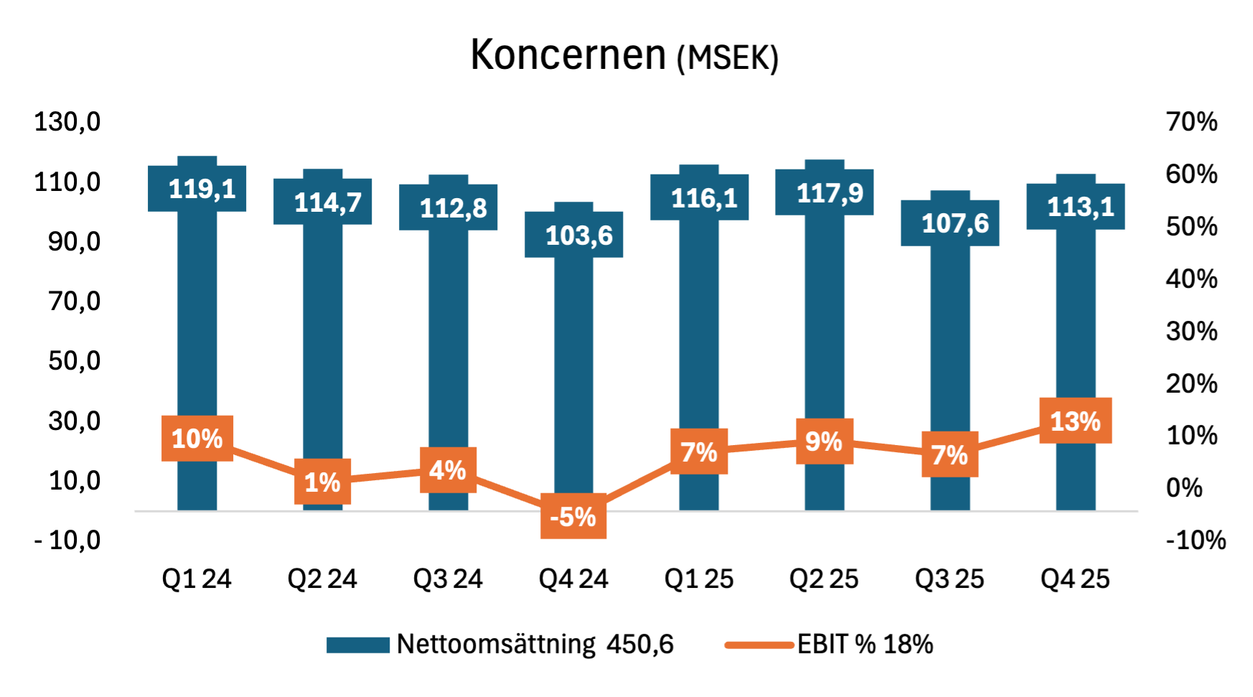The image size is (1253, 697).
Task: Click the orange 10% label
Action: click(197, 439)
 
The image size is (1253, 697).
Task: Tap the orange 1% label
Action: click(323, 482)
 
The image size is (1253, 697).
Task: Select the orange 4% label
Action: click(449, 470)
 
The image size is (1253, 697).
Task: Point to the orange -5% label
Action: click(573, 516)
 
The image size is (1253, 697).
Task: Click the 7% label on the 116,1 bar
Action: click(699, 452)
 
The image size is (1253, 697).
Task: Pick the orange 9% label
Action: click(825, 441)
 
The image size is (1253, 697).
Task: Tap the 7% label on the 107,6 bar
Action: click(950, 454)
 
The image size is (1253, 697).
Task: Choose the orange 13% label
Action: click(1076, 421)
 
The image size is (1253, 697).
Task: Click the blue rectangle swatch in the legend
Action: click(358, 645)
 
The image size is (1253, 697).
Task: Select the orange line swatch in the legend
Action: click(759, 645)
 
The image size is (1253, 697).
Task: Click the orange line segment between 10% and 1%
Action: click(264, 461)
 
